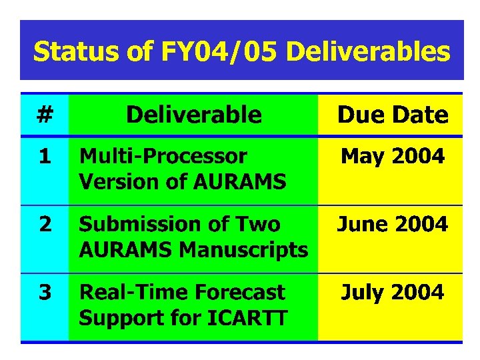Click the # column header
[x=45, y=115]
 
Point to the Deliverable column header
[x=194, y=115]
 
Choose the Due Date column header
[x=393, y=115]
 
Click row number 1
[x=45, y=157]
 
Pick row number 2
[x=45, y=225]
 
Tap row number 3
[x=45, y=293]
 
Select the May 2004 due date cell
[x=393, y=157]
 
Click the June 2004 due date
[x=393, y=225]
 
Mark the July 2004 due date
[x=393, y=293]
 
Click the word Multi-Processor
[x=163, y=157]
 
